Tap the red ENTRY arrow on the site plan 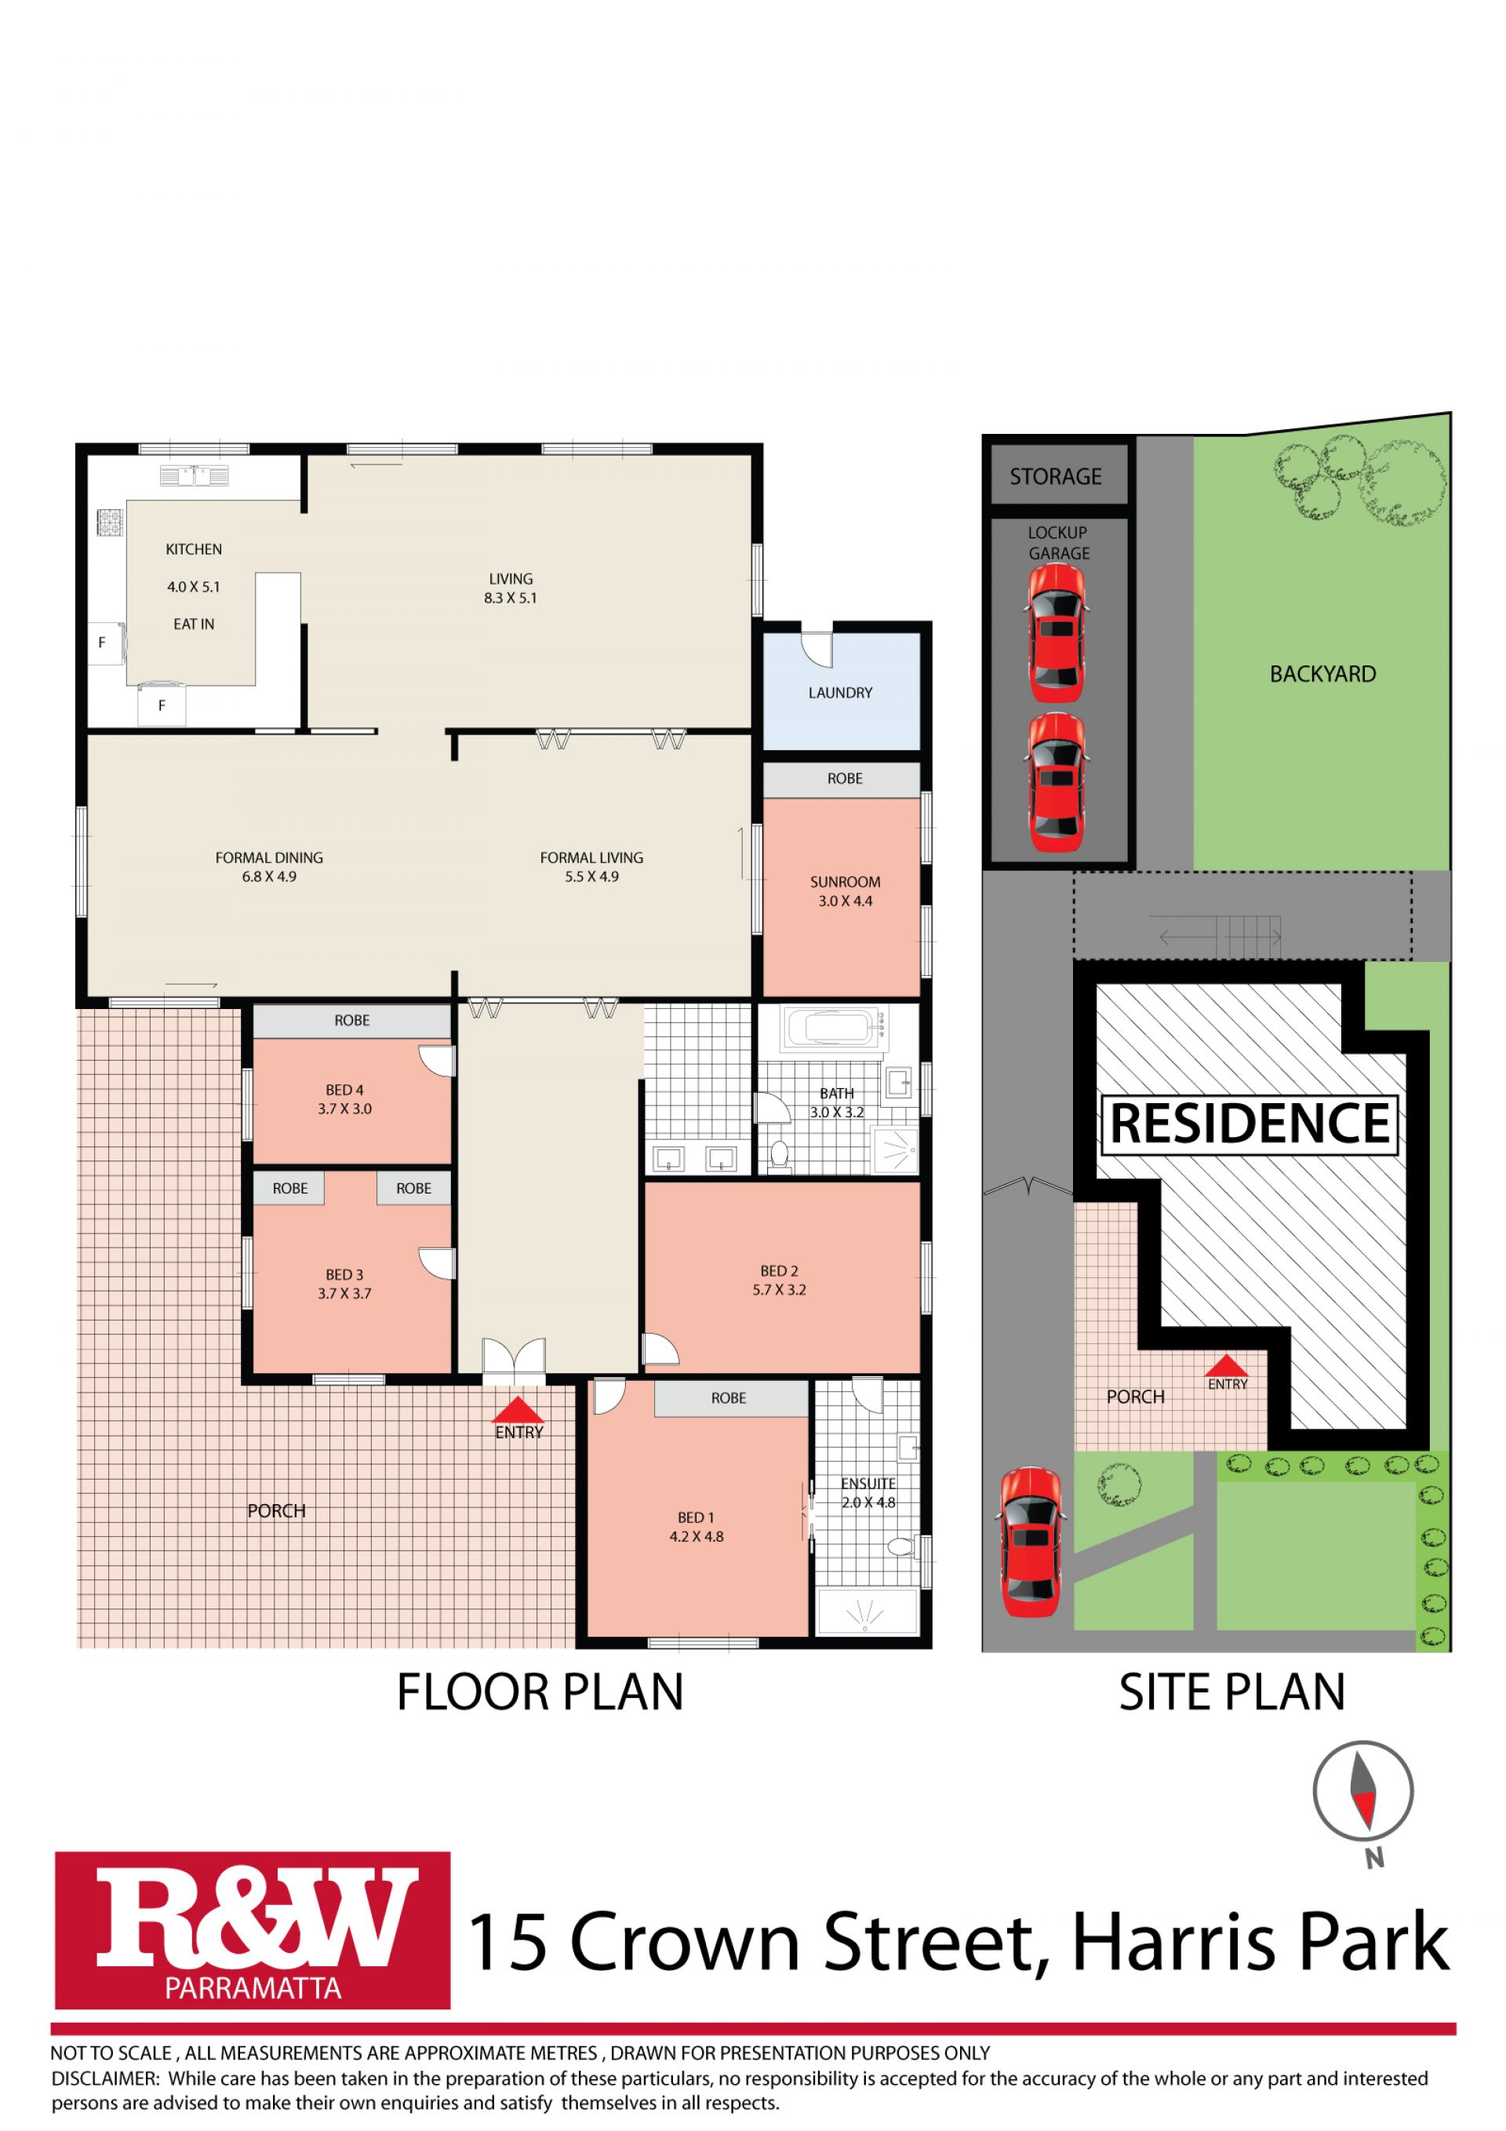[x=1227, y=1364]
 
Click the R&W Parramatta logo [x=253, y=1930]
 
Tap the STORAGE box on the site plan [x=1056, y=476]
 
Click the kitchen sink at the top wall [x=194, y=476]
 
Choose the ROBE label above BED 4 [x=351, y=1020]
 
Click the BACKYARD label [x=1322, y=674]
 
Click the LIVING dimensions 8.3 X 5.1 [x=511, y=598]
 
